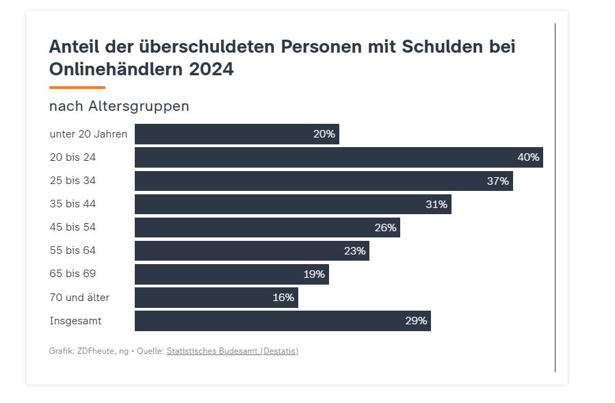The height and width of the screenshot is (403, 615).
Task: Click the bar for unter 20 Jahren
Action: pyautogui.click(x=237, y=134)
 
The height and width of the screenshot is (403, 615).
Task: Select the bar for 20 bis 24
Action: pyautogui.click(x=339, y=157)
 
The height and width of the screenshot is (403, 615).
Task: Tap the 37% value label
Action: pyautogui.click(x=498, y=181)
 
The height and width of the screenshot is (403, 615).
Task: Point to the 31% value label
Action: pyautogui.click(x=436, y=204)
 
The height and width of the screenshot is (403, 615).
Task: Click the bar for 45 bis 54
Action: pyautogui.click(x=267, y=227)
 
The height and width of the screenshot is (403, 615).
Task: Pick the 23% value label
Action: pyautogui.click(x=355, y=250)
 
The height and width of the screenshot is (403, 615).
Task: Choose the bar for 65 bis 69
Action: pyautogui.click(x=231, y=274)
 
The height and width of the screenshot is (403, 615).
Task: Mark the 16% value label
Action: pyautogui.click(x=283, y=297)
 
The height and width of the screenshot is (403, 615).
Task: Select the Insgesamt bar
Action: pyautogui.click(x=283, y=320)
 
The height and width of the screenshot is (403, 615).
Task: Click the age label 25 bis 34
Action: pyautogui.click(x=73, y=181)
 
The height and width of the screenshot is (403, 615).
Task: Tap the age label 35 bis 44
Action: pyautogui.click(x=73, y=204)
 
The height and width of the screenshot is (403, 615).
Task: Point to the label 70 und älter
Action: pyautogui.click(x=79, y=297)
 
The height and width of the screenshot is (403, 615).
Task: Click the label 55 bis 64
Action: pyautogui.click(x=73, y=250)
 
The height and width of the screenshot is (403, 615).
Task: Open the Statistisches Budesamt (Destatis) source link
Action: pyautogui.click(x=233, y=351)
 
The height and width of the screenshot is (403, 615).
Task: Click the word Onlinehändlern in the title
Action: pyautogui.click(x=110, y=69)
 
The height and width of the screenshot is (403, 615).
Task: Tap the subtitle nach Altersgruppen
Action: pyautogui.click(x=119, y=106)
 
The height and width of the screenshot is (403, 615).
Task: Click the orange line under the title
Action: pyautogui.click(x=77, y=88)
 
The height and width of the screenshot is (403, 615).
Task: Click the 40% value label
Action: pyautogui.click(x=528, y=157)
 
